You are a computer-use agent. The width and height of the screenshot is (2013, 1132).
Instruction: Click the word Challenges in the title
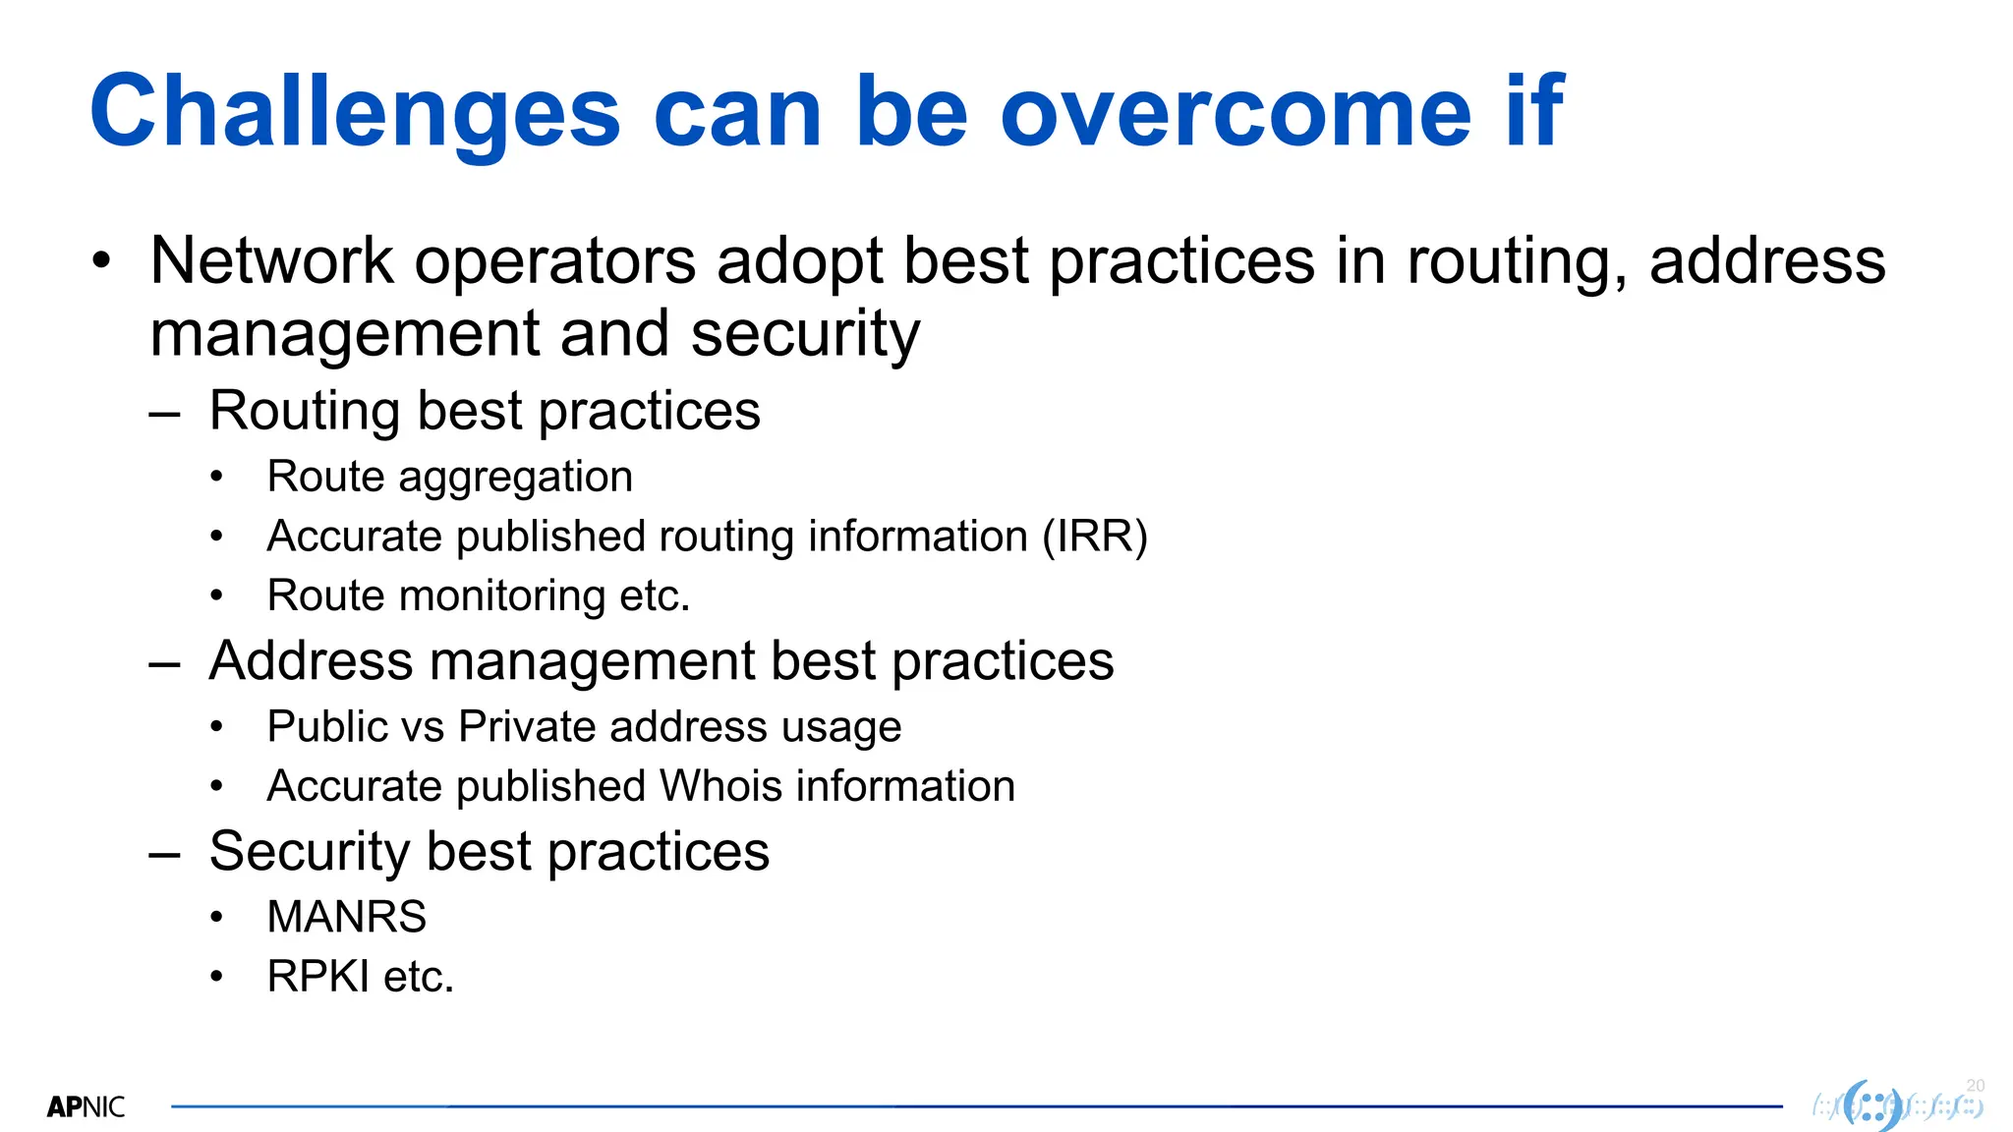[354, 113]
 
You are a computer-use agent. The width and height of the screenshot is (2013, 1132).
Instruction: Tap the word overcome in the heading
[1235, 113]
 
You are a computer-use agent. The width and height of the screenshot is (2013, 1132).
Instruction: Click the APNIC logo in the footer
[86, 1107]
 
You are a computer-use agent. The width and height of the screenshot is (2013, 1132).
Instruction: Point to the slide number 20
[1976, 1085]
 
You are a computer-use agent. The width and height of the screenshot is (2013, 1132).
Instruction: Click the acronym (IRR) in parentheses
[1094, 537]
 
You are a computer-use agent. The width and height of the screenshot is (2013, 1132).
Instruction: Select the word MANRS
[346, 917]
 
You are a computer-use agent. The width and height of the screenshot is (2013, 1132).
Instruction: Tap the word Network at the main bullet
[271, 261]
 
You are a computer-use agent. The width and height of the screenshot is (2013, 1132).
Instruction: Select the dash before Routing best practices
[164, 413]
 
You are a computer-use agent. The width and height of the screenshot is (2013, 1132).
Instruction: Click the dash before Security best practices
[164, 853]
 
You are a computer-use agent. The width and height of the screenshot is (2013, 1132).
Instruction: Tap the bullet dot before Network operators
[101, 261]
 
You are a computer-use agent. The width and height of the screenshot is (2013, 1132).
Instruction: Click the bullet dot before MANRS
[217, 918]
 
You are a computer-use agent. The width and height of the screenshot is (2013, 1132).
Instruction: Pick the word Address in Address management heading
[311, 660]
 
